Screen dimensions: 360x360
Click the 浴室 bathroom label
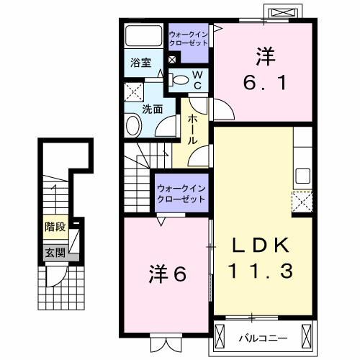(x=140, y=63)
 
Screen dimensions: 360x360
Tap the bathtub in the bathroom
(x=143, y=36)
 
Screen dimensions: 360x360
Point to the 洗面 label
(x=151, y=110)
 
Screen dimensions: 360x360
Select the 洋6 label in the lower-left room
(x=168, y=274)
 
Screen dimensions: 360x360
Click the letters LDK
(x=261, y=246)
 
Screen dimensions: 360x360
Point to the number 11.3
(x=261, y=271)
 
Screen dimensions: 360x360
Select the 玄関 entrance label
(x=54, y=252)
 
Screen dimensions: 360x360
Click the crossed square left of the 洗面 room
(x=132, y=91)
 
